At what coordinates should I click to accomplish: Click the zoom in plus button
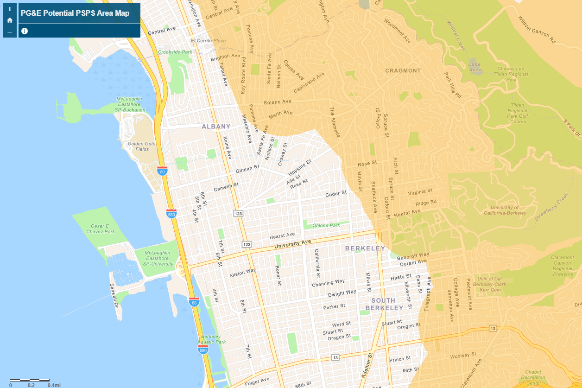[x=10, y=9]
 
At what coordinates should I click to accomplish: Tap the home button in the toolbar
[x=10, y=20]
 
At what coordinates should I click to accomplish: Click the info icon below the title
[x=25, y=31]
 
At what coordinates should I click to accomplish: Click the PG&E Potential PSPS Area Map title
[x=75, y=13]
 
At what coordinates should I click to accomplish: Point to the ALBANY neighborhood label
[x=216, y=127]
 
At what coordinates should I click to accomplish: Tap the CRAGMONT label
[x=403, y=71]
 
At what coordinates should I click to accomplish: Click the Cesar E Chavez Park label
[x=100, y=229]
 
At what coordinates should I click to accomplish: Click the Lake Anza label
[x=475, y=67]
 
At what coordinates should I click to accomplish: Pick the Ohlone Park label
[x=326, y=226]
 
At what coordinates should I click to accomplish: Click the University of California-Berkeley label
[x=505, y=210]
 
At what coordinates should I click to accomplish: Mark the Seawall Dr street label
[x=114, y=297]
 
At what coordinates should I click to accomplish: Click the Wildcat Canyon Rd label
[x=537, y=30]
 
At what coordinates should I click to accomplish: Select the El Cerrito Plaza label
[x=208, y=41]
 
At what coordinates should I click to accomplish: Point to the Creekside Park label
[x=175, y=52]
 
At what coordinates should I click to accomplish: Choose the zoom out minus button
[x=10, y=32]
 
